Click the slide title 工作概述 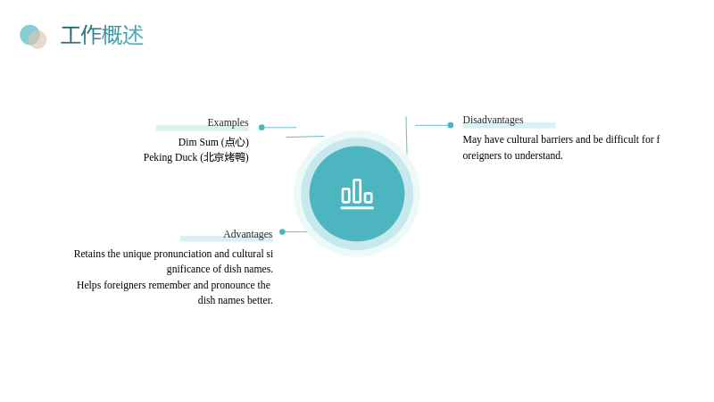[x=102, y=35]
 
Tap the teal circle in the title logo [x=29, y=33]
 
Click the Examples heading [x=228, y=122]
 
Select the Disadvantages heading [x=493, y=120]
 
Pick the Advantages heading [x=248, y=234]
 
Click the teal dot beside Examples [x=262, y=127]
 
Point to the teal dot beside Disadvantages [x=451, y=125]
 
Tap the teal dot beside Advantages [x=282, y=231]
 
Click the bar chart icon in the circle [x=357, y=194]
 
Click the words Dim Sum [x=198, y=142]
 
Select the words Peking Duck [x=170, y=157]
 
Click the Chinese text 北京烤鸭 [x=225, y=157]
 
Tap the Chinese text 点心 [x=235, y=142]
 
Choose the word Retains [x=89, y=254]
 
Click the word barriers [x=557, y=139]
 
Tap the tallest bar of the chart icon [x=357, y=190]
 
